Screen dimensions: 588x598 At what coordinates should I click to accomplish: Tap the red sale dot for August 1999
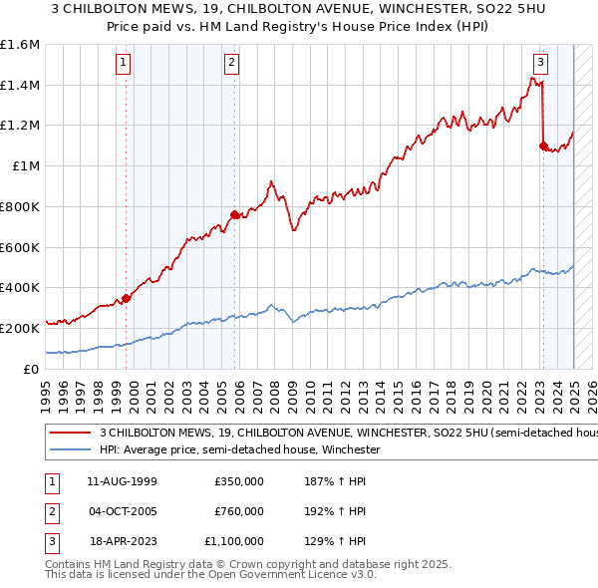(x=127, y=297)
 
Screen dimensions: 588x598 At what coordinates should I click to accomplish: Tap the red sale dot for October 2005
(x=234, y=214)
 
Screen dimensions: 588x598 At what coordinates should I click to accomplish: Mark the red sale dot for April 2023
(x=543, y=146)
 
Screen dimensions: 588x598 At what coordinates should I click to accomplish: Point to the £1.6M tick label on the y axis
(x=20, y=45)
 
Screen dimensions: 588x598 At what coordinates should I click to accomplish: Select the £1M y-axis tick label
(x=27, y=165)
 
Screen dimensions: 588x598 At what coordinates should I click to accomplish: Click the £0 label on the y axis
(x=33, y=368)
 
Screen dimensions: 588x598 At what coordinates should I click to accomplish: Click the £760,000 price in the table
(x=239, y=511)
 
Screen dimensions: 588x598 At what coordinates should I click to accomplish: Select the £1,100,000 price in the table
(x=233, y=541)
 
